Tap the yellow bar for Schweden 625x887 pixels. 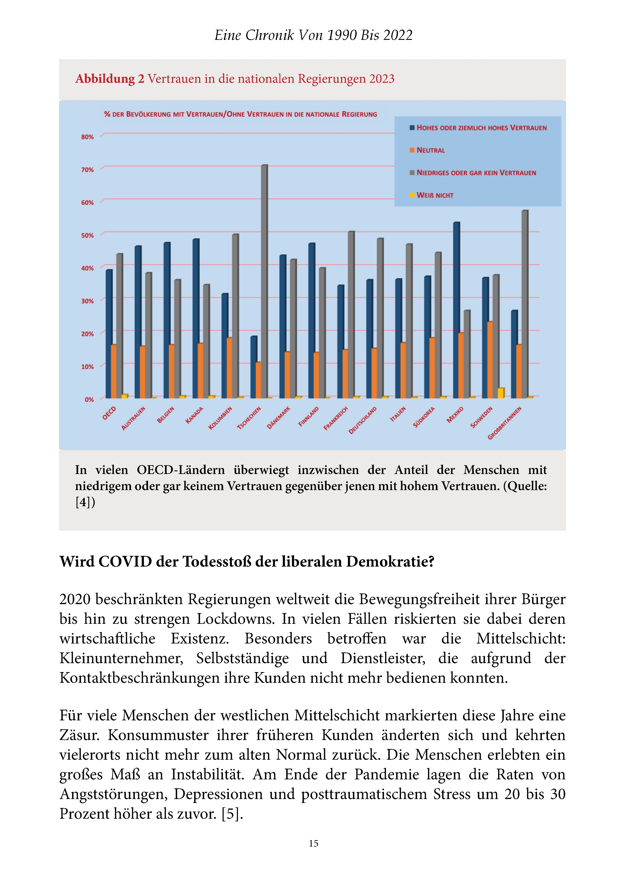point(501,393)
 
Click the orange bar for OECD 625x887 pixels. point(114,371)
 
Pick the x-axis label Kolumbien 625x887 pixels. point(220,418)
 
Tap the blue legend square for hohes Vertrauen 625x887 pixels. point(412,127)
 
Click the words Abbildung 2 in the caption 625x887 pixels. point(110,79)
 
